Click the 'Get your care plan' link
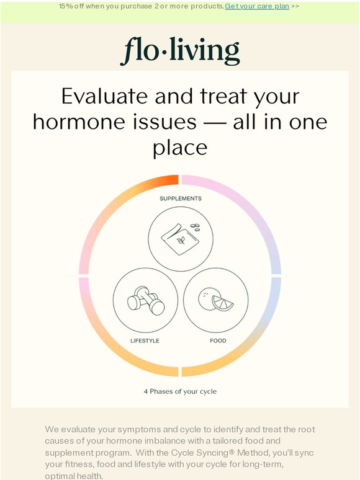[x=257, y=6]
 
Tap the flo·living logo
[x=180, y=51]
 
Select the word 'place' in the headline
[x=180, y=148]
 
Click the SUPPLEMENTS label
[x=180, y=198]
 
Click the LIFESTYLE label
[x=145, y=340]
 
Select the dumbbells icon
[x=145, y=301]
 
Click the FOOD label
[x=217, y=340]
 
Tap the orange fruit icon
[x=215, y=300]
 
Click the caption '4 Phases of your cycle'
[x=180, y=391]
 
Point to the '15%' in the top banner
[x=66, y=6]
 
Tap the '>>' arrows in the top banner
[x=294, y=6]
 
